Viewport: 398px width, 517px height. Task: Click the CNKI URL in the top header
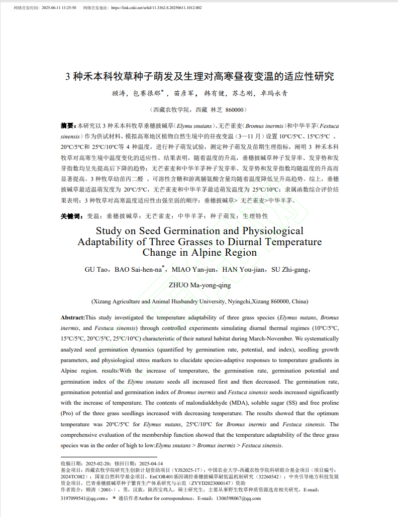[x=156, y=8]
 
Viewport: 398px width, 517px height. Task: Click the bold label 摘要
[x=68, y=125]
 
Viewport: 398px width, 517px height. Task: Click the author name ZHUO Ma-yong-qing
[x=200, y=285]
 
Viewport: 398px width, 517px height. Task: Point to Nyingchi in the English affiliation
[x=239, y=301]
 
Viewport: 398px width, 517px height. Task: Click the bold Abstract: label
[x=73, y=317]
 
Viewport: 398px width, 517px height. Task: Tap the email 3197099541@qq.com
[x=83, y=498]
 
